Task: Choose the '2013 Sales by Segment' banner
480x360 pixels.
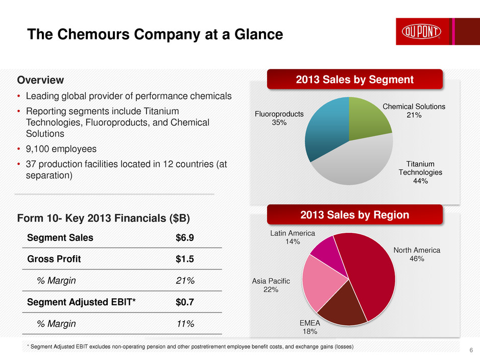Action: pyautogui.click(x=354, y=80)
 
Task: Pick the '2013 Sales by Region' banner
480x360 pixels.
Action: pyautogui.click(x=354, y=215)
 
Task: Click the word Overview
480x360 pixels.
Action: pyautogui.click(x=40, y=80)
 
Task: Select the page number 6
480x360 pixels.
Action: pyautogui.click(x=470, y=350)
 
